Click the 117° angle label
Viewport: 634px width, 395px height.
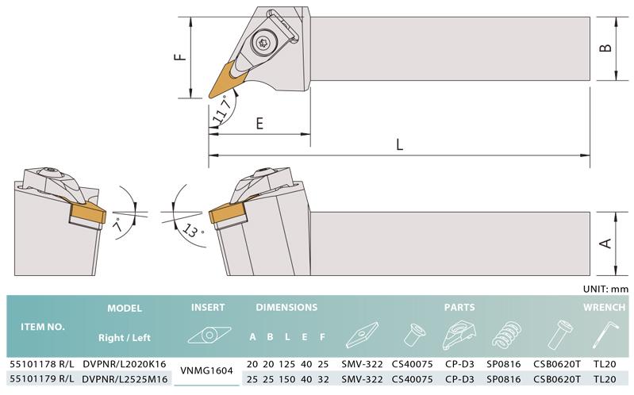[x=222, y=109]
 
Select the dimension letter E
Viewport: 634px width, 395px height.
[x=259, y=123]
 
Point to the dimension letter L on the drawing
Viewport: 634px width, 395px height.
[x=399, y=144]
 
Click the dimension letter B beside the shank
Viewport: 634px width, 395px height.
[x=605, y=48]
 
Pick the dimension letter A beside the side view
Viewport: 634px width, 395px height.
[x=605, y=244]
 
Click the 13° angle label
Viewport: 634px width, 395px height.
[x=193, y=232]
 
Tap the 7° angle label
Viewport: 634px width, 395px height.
[x=119, y=224]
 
